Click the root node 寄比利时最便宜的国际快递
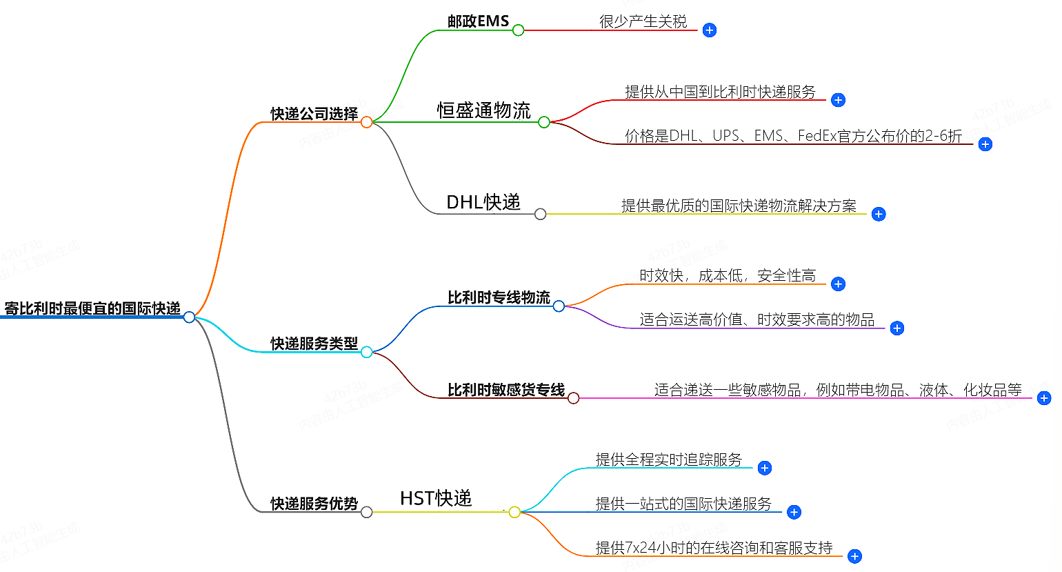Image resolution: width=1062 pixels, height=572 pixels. point(92,308)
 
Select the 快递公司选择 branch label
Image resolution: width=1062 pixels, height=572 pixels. point(314,114)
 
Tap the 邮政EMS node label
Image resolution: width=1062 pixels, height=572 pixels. point(478,21)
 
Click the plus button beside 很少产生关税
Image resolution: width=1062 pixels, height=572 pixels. point(709,30)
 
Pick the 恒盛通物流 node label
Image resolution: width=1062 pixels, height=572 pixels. point(483,110)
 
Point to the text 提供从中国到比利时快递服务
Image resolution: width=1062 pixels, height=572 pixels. point(720,92)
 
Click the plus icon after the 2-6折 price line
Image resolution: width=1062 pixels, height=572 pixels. point(985,144)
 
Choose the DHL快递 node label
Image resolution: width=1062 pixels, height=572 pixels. point(483,202)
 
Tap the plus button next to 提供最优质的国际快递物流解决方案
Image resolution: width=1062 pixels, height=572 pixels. point(878,215)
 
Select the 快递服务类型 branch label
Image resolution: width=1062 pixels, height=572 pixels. point(314,344)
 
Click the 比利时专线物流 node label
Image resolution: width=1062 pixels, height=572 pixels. point(499,297)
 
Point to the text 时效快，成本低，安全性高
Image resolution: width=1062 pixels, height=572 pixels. point(727,276)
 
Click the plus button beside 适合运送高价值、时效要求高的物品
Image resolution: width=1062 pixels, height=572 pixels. point(896,328)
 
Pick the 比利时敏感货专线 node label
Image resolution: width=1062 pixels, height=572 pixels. point(505,390)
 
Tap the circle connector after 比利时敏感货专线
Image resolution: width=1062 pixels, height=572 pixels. point(573,398)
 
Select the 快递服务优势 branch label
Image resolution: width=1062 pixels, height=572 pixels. point(314,504)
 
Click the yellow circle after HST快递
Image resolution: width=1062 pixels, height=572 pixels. point(514,512)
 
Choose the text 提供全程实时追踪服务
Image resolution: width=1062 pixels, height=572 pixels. point(668,460)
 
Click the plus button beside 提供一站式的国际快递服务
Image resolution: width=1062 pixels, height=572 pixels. point(794,512)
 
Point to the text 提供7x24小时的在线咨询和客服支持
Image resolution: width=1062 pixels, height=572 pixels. point(714,548)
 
